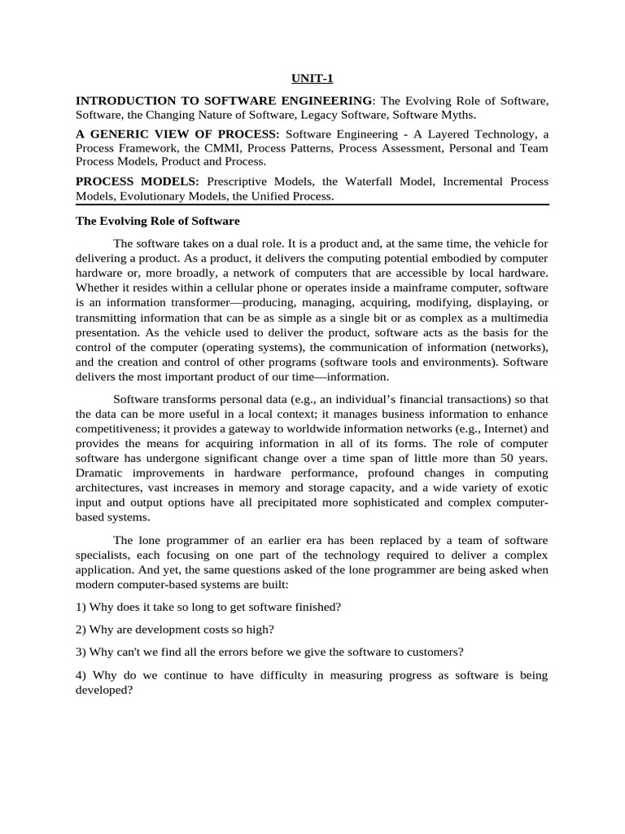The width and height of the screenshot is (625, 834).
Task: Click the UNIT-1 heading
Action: (x=312, y=79)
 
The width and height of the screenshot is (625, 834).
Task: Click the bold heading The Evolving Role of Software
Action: (x=158, y=221)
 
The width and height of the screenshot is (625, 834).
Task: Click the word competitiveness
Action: (x=117, y=428)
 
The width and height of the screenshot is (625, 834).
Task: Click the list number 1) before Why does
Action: (x=82, y=607)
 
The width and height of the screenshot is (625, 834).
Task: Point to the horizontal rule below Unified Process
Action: (x=312, y=204)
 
